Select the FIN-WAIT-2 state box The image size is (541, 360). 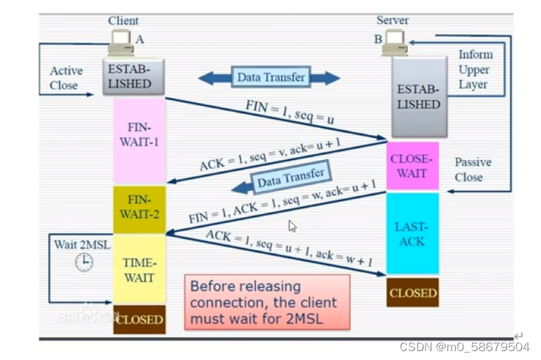click(138, 209)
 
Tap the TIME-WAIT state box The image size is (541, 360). click(138, 270)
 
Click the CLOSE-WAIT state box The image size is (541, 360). click(412, 166)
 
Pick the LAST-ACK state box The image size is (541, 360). click(412, 234)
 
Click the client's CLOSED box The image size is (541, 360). click(139, 319)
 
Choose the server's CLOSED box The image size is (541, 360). click(412, 293)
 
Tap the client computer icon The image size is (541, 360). click(121, 43)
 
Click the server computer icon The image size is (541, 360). click(393, 43)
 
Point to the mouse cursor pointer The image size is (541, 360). click(292, 226)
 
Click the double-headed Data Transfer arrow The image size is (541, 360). click(269, 77)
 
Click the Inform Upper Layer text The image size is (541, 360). click(474, 70)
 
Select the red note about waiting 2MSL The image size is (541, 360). click(266, 302)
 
